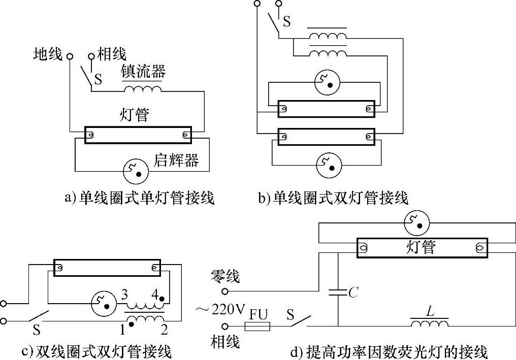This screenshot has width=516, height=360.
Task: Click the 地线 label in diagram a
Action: (x=48, y=54)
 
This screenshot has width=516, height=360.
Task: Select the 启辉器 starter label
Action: (x=176, y=161)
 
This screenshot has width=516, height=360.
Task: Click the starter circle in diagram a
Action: (x=136, y=171)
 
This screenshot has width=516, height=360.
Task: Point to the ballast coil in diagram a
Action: (x=143, y=90)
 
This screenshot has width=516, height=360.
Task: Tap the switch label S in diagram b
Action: (x=287, y=21)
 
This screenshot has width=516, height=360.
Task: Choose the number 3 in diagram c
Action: (x=123, y=294)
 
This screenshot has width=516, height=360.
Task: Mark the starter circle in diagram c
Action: (x=102, y=303)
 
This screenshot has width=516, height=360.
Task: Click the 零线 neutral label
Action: (x=225, y=277)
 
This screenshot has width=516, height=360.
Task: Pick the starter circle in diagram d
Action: (x=416, y=222)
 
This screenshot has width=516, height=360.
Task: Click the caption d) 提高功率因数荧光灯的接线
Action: (x=389, y=351)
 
